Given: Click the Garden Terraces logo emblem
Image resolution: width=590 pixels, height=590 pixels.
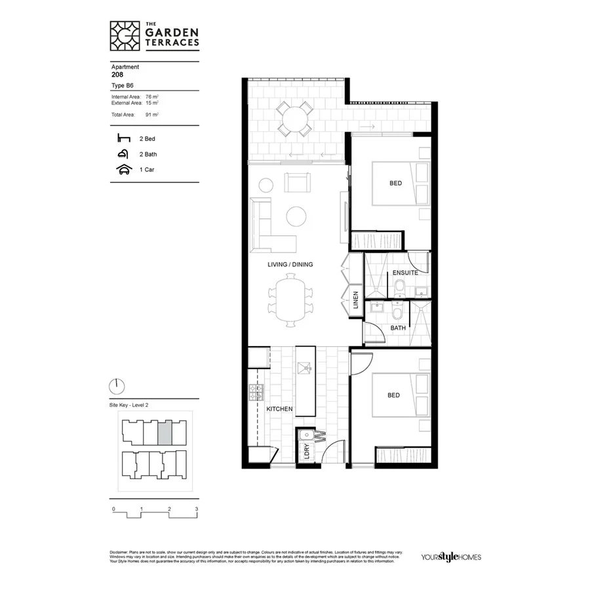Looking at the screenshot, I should click(x=125, y=36).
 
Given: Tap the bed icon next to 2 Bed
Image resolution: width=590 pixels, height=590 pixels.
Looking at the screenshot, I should click(x=123, y=138).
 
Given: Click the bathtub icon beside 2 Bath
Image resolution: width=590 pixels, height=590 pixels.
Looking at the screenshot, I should click(x=123, y=154).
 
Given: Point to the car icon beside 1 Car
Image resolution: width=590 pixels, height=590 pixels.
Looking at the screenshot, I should click(x=123, y=169).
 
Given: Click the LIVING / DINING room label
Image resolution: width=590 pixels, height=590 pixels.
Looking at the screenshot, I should click(x=290, y=264).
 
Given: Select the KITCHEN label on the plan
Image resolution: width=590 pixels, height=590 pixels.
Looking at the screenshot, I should click(x=279, y=409).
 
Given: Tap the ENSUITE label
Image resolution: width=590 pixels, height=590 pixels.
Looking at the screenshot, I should click(x=406, y=273).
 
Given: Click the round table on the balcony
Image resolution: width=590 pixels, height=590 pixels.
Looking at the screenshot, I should click(x=294, y=119).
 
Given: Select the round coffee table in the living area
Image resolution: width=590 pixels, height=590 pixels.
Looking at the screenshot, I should click(x=296, y=216).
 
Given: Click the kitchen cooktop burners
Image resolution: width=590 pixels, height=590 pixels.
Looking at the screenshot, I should click(x=256, y=393).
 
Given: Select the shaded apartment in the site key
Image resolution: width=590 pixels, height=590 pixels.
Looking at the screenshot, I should click(x=166, y=432).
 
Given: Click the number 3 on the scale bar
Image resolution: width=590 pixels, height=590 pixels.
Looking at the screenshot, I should click(x=196, y=509).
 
